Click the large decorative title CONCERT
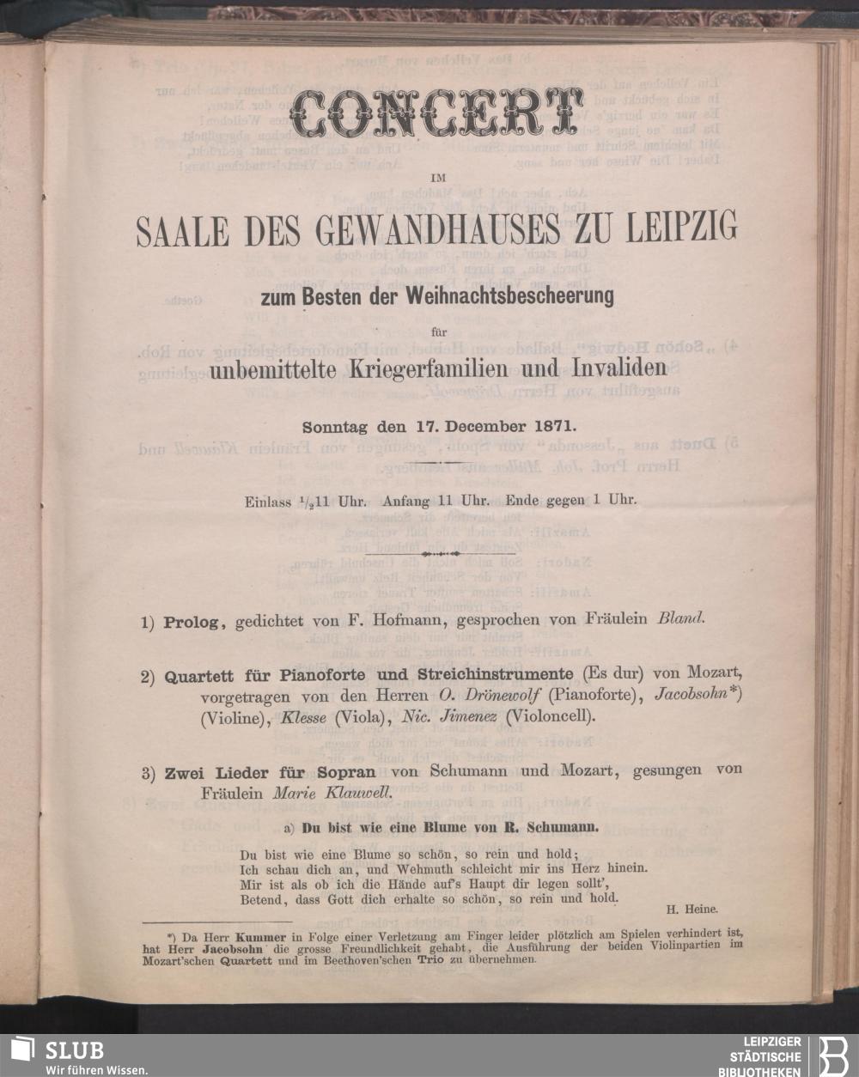(432, 113)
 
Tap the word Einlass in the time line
(265, 501)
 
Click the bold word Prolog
(191, 621)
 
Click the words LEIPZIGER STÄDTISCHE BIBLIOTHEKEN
(766, 1056)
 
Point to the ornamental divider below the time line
(440, 554)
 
